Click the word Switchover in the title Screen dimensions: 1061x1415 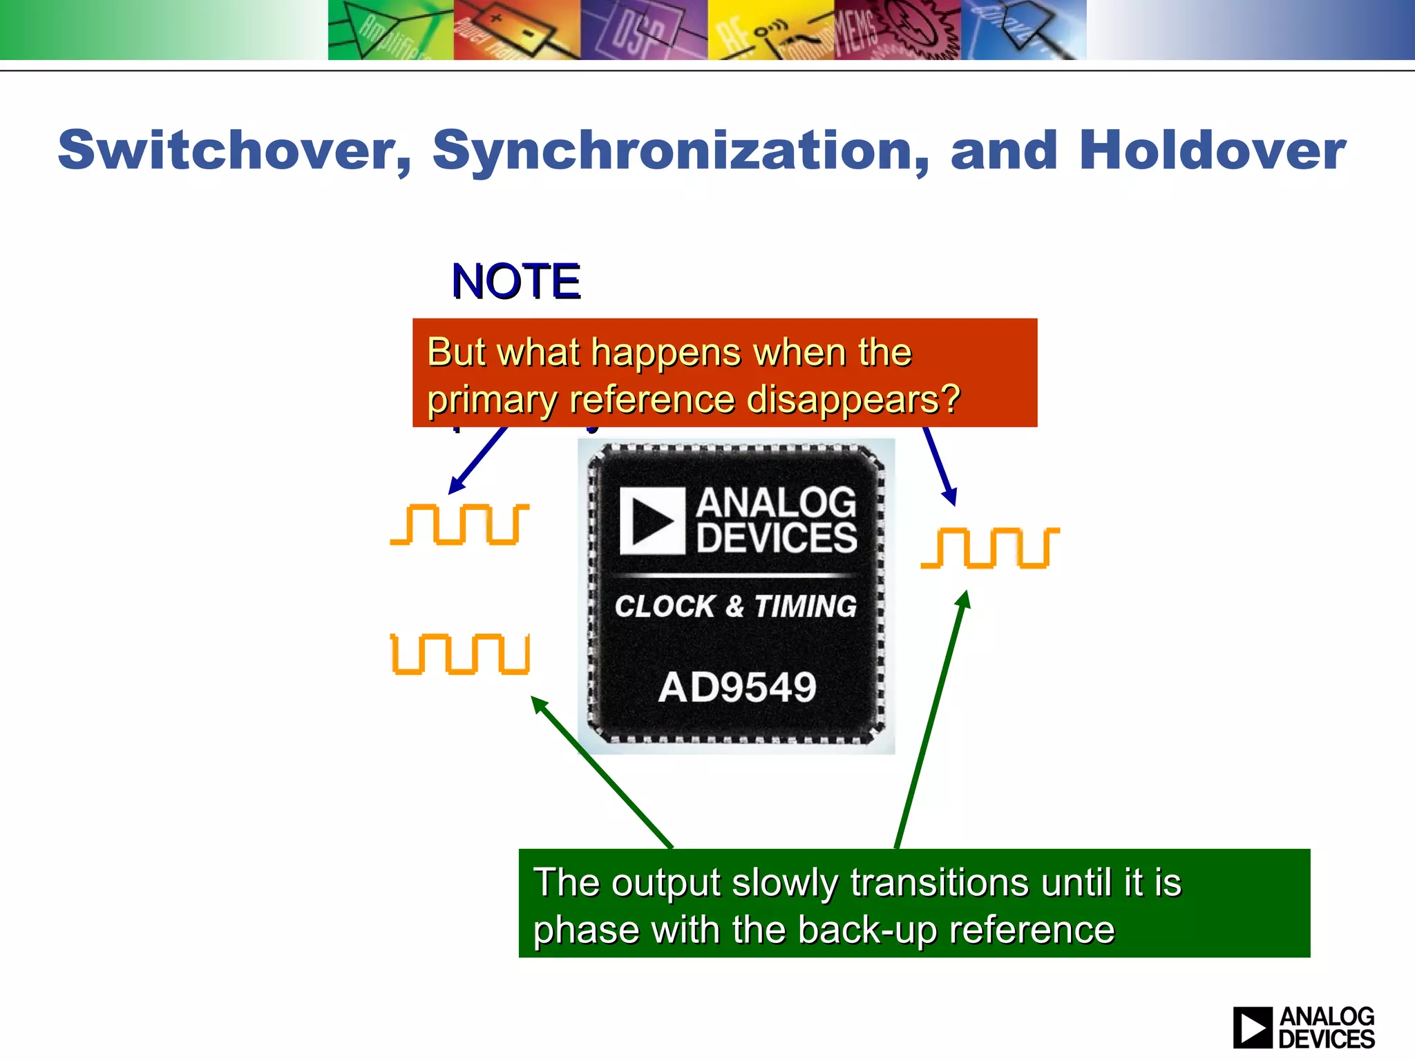point(234,151)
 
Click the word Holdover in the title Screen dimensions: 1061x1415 point(1212,151)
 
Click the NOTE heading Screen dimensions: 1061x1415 point(515,282)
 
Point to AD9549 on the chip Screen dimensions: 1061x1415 point(737,687)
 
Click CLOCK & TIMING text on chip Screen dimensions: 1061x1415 point(736,606)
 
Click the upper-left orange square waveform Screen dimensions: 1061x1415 point(460,524)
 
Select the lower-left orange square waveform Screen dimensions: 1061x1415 point(460,653)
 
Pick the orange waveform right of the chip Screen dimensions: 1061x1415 point(990,548)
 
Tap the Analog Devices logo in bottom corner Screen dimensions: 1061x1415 point(1304,1027)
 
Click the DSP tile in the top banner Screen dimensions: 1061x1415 point(643,30)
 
